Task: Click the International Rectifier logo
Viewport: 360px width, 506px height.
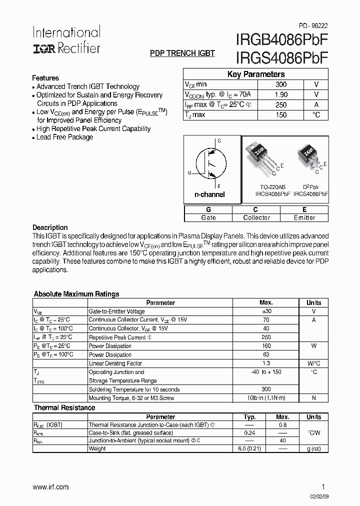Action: coord(66,40)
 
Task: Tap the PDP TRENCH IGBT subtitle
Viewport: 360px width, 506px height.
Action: coord(182,53)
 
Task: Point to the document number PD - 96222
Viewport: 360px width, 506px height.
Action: coord(313,25)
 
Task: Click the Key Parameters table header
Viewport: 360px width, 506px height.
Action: coord(256,74)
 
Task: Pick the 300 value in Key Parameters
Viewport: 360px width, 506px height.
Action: coord(281,84)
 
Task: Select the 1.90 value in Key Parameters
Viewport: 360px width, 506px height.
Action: coord(281,94)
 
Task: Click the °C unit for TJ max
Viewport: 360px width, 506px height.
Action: coord(316,115)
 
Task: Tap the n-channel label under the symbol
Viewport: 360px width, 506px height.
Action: coord(209,194)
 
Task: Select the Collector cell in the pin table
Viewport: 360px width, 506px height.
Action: coord(256,218)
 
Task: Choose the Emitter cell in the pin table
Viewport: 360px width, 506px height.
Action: coord(304,218)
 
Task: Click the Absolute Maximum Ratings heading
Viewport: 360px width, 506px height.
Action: coord(76,294)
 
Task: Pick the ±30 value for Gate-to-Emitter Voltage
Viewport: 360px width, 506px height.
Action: coord(266,311)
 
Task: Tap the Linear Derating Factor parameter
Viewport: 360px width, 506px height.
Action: coord(115,363)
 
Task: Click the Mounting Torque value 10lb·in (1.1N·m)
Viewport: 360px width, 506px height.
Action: coord(266,398)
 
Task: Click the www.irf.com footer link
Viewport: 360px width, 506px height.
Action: coord(50,487)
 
